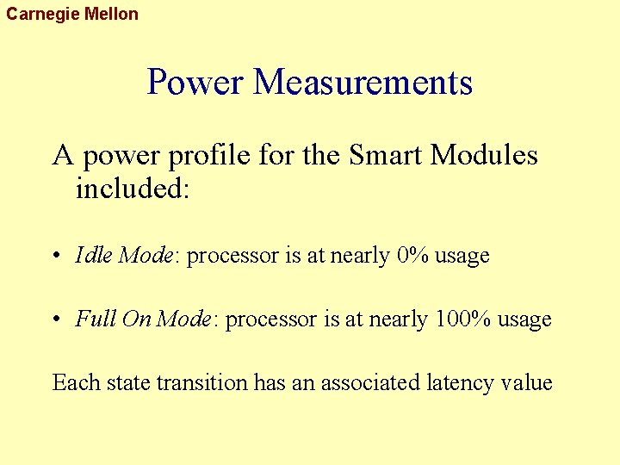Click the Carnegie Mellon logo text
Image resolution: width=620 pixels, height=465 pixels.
click(x=72, y=15)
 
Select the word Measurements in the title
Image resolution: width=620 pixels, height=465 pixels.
click(x=363, y=83)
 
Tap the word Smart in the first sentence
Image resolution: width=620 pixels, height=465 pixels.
click(x=387, y=156)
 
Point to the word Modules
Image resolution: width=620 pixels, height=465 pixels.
click(x=484, y=156)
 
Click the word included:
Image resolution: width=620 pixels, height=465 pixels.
click(x=132, y=188)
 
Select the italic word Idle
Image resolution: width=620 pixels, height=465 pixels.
click(x=94, y=256)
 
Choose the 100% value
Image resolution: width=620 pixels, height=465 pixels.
click(x=462, y=319)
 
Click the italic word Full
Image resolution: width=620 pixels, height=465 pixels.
click(x=96, y=319)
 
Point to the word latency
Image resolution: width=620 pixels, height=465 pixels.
click(x=462, y=382)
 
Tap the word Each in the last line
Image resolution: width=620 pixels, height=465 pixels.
click(x=76, y=382)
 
